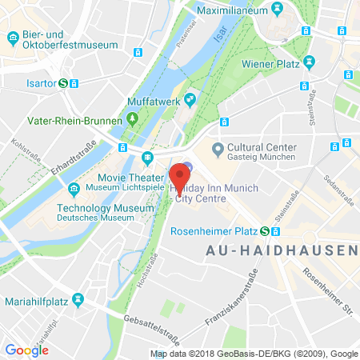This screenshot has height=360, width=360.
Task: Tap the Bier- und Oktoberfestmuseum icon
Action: pos(12,38)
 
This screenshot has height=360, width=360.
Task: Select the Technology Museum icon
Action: pos(74,189)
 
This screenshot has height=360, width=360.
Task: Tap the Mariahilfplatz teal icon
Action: pos(78,300)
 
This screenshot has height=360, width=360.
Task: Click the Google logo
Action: pos(26,350)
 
